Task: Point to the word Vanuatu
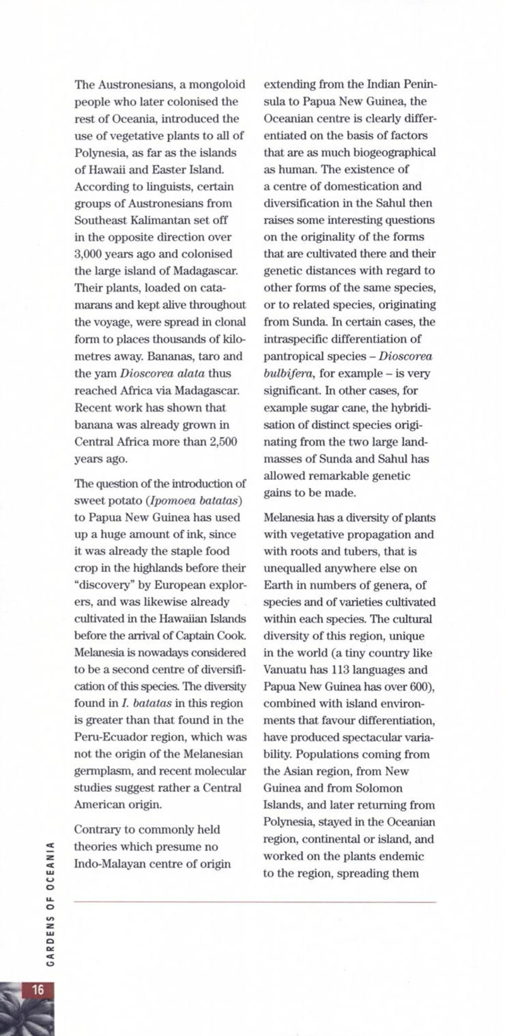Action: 283,670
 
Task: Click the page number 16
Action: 38,990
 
